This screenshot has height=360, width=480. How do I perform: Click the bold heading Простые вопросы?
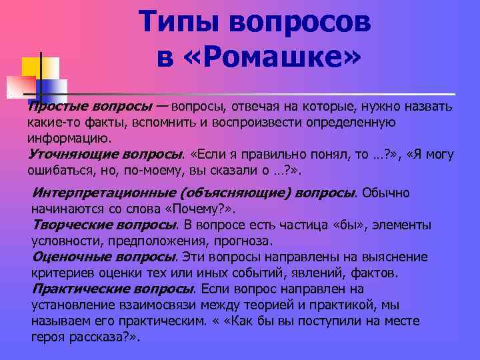tap(89, 107)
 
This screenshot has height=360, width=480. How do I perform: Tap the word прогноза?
tap(242, 241)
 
